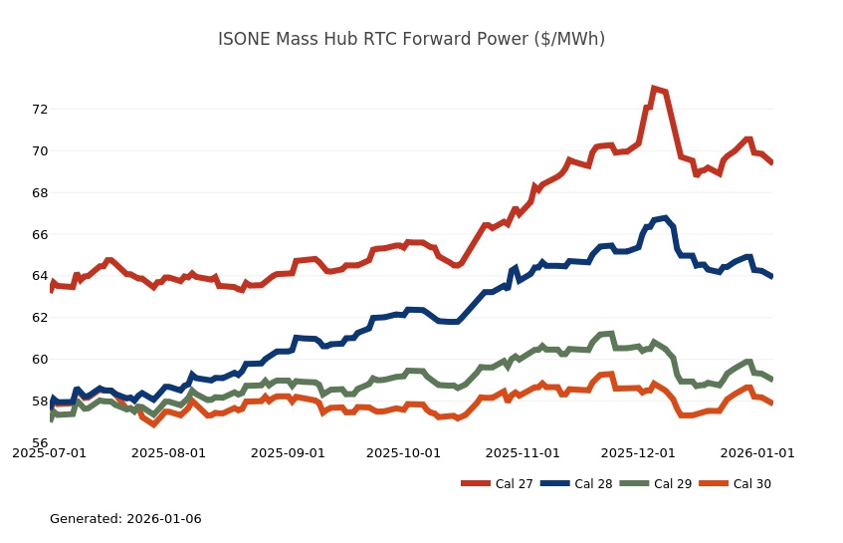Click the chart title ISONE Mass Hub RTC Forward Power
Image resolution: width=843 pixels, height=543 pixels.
click(x=411, y=39)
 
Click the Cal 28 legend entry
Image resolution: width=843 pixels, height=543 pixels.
click(x=579, y=484)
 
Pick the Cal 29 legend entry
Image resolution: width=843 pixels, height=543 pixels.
click(x=659, y=484)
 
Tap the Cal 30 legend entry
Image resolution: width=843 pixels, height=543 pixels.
click(x=738, y=484)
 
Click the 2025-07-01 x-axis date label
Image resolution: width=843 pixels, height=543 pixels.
click(x=49, y=453)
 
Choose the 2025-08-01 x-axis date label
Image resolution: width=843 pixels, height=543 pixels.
click(x=168, y=453)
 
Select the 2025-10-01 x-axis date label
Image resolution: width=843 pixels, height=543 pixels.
click(x=403, y=453)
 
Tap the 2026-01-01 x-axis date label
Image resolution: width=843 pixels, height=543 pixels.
click(x=757, y=453)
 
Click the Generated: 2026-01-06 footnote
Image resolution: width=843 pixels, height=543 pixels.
click(x=125, y=519)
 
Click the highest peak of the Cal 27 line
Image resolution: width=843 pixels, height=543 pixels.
click(x=653, y=89)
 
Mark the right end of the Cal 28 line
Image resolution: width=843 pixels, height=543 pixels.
click(x=771, y=276)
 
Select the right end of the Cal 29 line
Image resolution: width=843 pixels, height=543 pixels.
click(x=771, y=379)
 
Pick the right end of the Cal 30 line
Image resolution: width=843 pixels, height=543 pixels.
click(x=771, y=403)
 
